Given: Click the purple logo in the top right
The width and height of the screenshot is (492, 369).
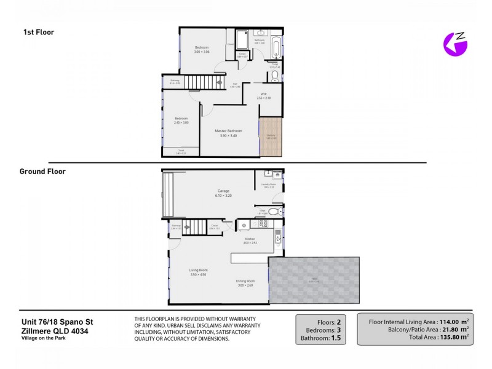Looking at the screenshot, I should click(x=456, y=43).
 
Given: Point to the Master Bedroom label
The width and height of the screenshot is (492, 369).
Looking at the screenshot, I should click(x=228, y=131).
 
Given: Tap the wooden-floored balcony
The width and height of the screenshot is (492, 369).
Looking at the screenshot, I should click(x=271, y=136).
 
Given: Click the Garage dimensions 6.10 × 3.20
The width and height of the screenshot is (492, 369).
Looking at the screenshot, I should click(x=223, y=195).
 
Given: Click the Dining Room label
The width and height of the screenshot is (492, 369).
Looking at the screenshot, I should click(x=245, y=282).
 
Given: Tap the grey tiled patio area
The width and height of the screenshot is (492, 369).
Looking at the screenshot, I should click(x=314, y=280).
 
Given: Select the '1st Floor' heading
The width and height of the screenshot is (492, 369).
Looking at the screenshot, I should click(x=39, y=32).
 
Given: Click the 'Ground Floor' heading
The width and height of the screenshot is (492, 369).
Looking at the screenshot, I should click(x=42, y=172).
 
